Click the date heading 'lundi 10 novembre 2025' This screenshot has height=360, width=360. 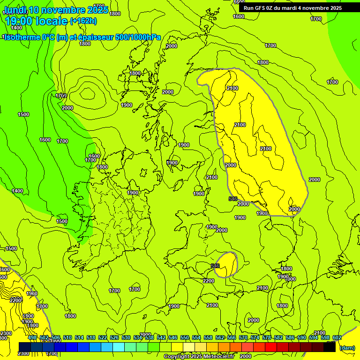(56, 10)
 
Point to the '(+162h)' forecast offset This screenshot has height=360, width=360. (83, 21)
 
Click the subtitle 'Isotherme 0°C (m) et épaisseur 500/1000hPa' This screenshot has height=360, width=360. (82, 37)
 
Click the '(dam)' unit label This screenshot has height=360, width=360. (347, 347)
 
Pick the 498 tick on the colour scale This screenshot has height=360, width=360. (32, 337)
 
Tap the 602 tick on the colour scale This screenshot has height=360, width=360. (337, 337)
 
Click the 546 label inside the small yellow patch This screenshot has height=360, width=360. (215, 266)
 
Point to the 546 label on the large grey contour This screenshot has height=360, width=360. (233, 199)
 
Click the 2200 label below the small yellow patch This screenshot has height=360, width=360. (209, 281)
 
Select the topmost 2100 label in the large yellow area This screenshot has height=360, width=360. (232, 88)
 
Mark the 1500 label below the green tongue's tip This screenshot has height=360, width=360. (61, 221)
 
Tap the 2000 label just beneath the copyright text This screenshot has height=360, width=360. (245, 356)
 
